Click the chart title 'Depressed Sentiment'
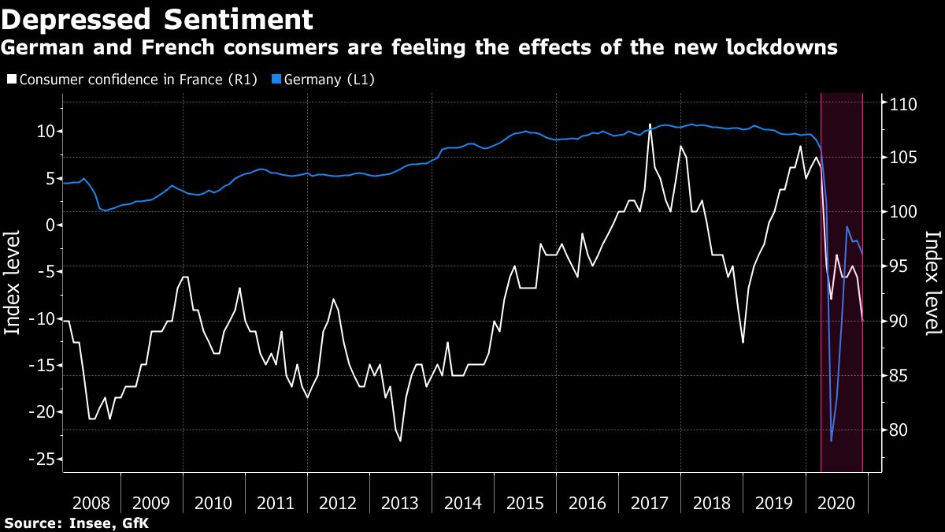157,18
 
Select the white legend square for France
11,80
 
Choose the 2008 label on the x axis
90,503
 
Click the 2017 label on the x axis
650,503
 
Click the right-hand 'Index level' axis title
932,282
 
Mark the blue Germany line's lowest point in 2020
832,441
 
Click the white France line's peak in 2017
650,125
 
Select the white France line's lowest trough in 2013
400,441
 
